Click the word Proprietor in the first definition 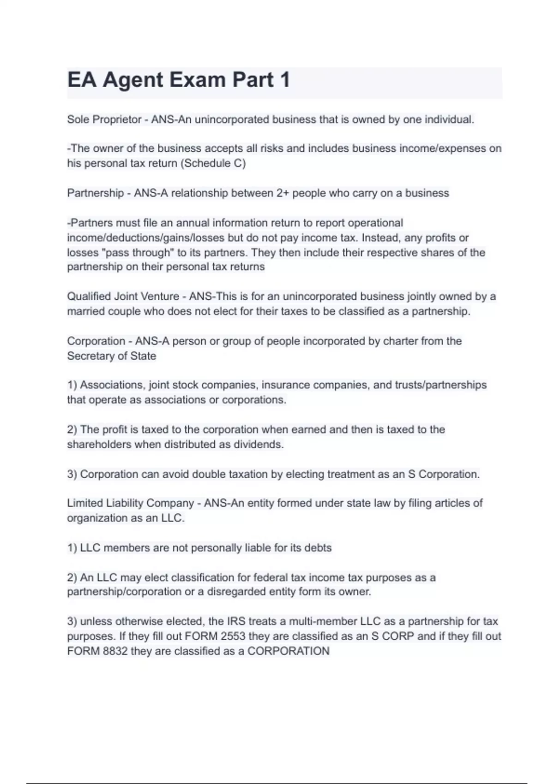[117, 119]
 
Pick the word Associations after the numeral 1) [113, 385]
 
